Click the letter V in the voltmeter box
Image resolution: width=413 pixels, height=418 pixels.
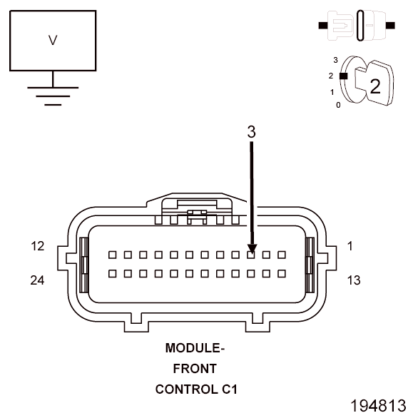pos(53,40)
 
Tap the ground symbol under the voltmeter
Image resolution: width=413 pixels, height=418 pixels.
pos(53,96)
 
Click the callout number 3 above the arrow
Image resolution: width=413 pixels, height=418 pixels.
pos(251,132)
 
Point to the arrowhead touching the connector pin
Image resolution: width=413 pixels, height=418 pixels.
pos(252,248)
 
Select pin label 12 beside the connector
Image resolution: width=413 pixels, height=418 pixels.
pos(38,246)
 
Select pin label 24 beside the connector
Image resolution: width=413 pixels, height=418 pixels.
pos(37,280)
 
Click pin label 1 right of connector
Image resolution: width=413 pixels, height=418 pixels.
pos(350,246)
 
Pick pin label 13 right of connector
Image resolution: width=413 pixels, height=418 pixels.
pos(354,280)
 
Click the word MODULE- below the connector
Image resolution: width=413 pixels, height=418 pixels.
pos(195,348)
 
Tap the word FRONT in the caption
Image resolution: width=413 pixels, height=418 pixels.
pos(195,369)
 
